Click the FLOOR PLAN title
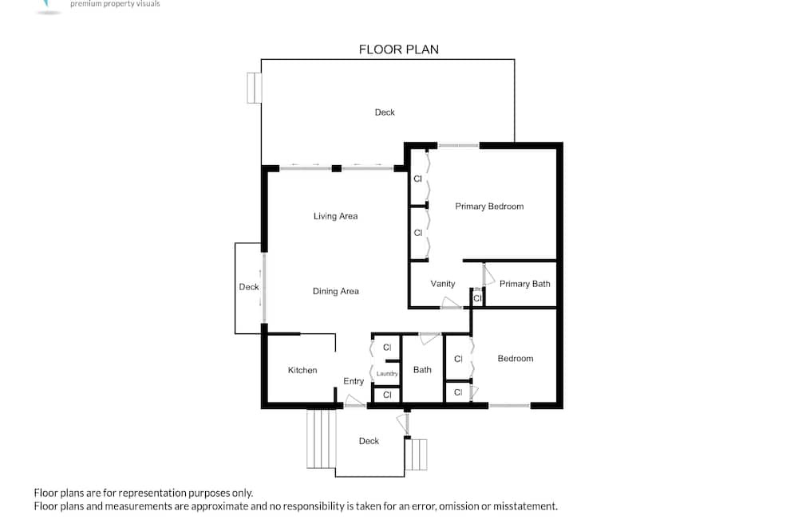point(398,49)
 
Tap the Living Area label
point(335,216)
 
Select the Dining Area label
point(335,292)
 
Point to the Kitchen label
point(302,370)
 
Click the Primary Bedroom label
point(489,206)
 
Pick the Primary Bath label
point(525,284)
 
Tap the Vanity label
point(443,284)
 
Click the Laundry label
point(387,374)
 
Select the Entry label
point(354,381)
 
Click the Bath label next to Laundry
point(422,370)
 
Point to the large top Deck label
point(385,112)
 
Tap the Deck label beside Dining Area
point(249,287)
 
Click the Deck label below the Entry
point(369,441)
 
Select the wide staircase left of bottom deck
point(321,439)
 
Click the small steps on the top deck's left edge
point(255,88)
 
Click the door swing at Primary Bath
point(488,274)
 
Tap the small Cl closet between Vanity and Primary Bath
point(477,298)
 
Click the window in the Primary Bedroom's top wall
point(459,146)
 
